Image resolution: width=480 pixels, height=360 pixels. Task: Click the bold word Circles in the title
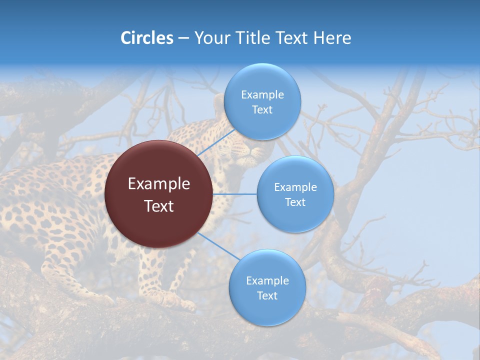[146, 38]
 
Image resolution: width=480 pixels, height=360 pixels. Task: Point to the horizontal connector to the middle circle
[234, 194]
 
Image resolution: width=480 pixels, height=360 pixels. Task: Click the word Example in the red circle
[158, 184]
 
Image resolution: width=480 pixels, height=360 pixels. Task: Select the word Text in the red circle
[158, 206]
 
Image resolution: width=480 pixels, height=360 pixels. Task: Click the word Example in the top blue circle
[262, 95]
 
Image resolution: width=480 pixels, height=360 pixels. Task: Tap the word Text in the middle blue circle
[295, 202]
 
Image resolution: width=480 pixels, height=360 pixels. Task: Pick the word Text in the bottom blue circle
[267, 296]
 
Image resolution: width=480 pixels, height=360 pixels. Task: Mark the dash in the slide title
[183, 38]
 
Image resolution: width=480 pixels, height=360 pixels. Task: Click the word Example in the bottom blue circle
[267, 281]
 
